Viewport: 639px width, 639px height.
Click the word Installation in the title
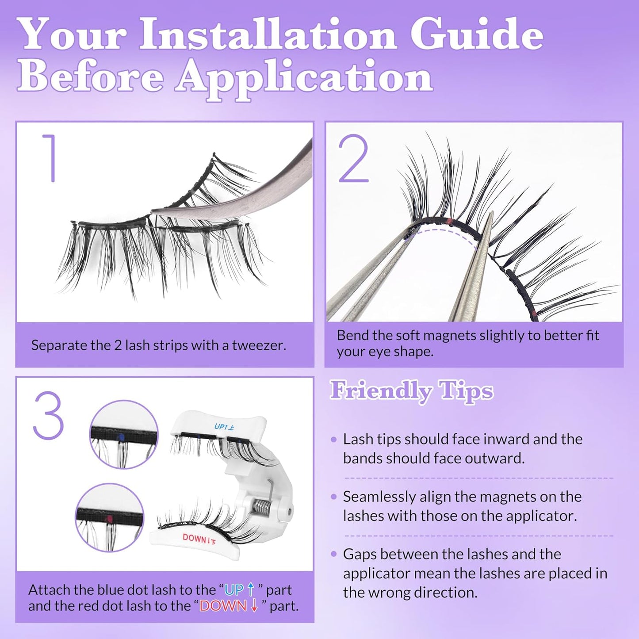point(268,34)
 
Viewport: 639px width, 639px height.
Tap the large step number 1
point(50,158)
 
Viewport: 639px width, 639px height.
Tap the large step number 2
point(353,159)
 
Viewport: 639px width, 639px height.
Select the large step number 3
point(48,415)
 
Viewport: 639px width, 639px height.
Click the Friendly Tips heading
point(411,391)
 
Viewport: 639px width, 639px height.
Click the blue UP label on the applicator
point(224,427)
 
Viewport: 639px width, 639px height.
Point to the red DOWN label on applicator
point(199,539)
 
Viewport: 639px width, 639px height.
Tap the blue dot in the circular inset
point(121,437)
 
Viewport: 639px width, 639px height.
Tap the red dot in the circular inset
point(109,519)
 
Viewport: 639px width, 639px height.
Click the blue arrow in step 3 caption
point(251,589)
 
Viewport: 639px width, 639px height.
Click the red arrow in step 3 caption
point(254,606)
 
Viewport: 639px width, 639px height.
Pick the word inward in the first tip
point(502,439)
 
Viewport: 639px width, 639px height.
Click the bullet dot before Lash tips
point(333,440)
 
